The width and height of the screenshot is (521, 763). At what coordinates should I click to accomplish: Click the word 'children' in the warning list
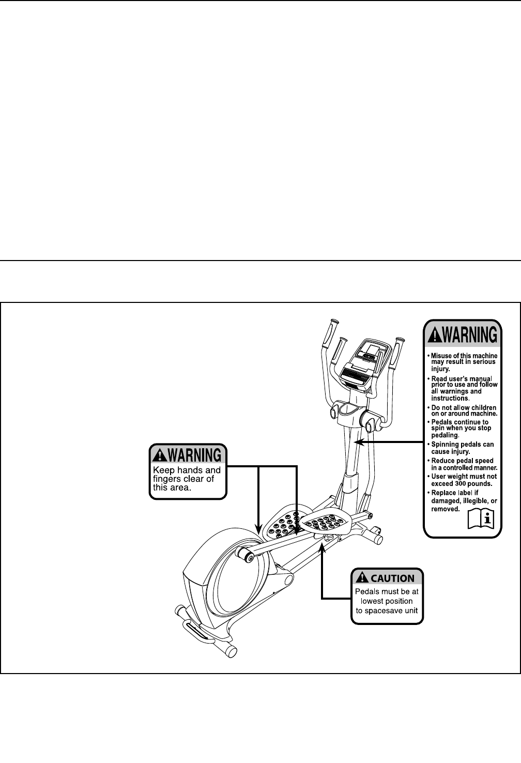click(481, 408)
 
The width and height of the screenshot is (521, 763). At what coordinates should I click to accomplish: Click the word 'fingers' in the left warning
click(169, 479)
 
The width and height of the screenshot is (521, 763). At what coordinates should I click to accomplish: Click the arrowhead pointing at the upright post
click(357, 442)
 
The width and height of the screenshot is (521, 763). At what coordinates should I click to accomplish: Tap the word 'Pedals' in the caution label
click(367, 591)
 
